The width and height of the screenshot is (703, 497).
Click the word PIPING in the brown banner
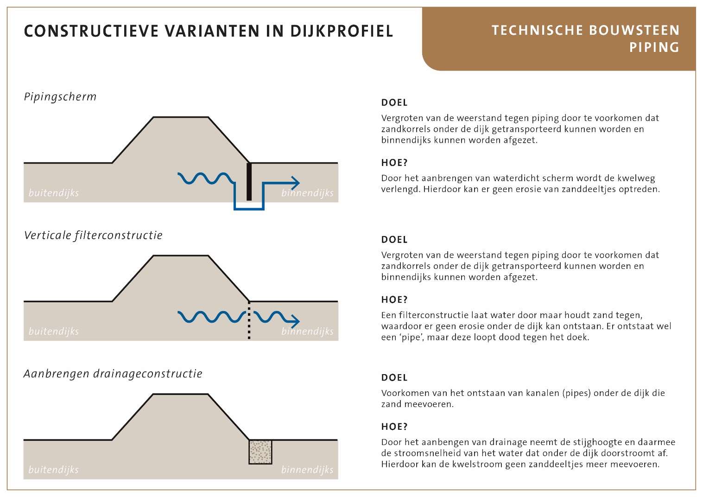pos(654,47)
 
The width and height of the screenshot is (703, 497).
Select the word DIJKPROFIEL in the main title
pos(342,31)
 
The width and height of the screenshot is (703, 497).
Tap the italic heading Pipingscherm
pos(60,97)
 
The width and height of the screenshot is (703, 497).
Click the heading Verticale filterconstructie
pos(93,235)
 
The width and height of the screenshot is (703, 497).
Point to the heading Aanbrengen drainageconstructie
pos(113,374)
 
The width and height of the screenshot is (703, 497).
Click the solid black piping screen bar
pos(249,181)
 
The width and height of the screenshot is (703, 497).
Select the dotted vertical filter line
pos(249,320)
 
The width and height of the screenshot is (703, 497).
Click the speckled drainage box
pos(260,452)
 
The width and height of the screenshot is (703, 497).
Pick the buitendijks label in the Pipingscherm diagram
pos(54,193)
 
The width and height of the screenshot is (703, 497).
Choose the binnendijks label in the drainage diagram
pos(307,470)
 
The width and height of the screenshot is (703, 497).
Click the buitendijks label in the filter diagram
pos(54,331)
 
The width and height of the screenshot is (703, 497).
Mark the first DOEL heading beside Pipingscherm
pos(394,102)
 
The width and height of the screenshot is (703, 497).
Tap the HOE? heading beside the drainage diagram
pos(394,427)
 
